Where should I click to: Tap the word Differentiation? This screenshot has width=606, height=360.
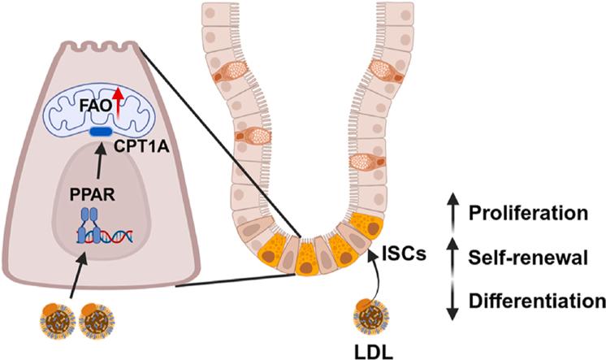pos(537,301)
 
